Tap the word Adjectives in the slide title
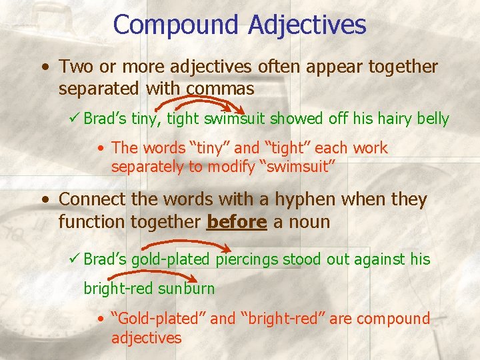(307, 25)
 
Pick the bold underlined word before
(237, 222)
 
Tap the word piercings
(247, 259)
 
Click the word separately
(147, 167)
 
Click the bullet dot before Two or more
(43, 67)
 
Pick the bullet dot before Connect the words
(43, 199)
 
